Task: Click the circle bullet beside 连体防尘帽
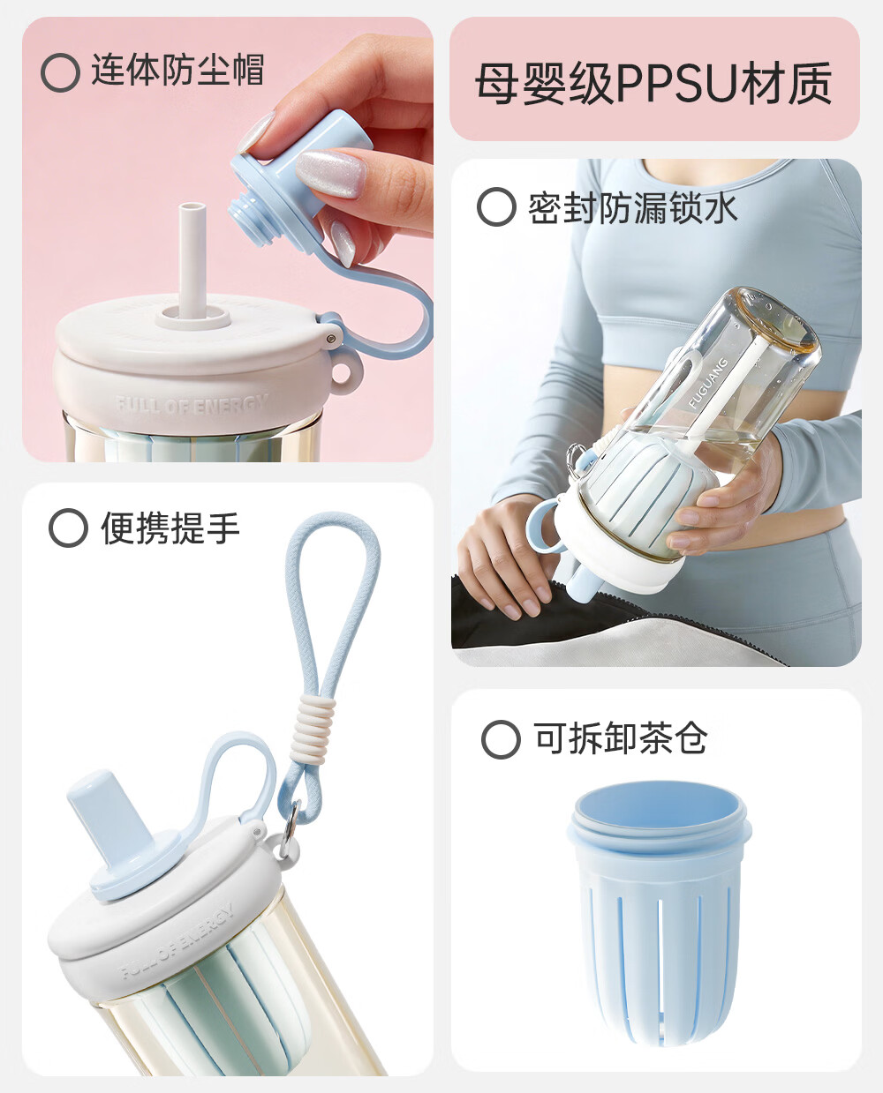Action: click(60, 73)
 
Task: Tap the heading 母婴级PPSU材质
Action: click(653, 83)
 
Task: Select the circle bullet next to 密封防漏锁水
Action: click(496, 206)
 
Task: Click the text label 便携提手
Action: click(170, 528)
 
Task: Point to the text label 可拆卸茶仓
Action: click(621, 738)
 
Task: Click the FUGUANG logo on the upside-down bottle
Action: click(708, 383)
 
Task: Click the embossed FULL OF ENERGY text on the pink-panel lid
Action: click(192, 404)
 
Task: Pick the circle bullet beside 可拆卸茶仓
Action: click(501, 739)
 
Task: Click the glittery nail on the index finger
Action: click(332, 174)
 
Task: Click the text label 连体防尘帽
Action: click(178, 71)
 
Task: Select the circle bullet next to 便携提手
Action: click(68, 528)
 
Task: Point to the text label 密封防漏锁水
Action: click(633, 207)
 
